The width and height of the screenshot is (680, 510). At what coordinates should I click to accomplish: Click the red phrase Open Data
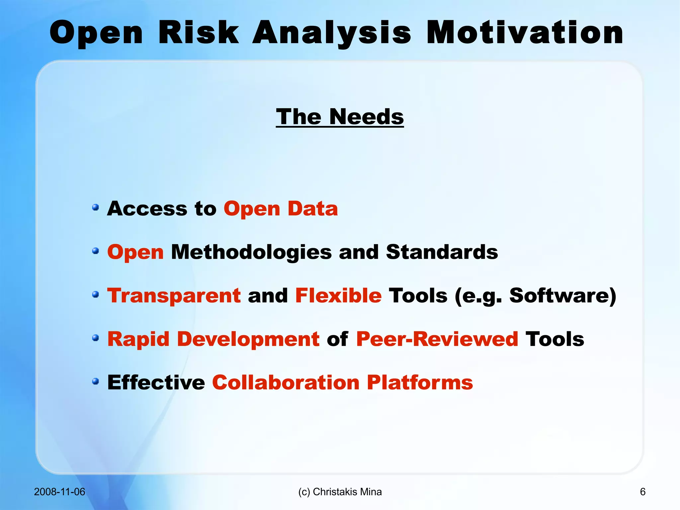[x=281, y=209]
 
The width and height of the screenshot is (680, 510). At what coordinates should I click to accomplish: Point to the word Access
[x=147, y=209]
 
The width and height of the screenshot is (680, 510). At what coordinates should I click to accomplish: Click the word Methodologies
[x=251, y=252]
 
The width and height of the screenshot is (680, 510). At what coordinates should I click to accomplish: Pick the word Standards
[x=442, y=252]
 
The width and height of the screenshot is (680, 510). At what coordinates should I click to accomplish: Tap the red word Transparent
[x=174, y=295]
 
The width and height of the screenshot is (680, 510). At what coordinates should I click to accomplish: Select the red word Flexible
[x=338, y=295]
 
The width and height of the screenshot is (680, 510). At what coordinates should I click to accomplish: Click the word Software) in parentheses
[x=562, y=295]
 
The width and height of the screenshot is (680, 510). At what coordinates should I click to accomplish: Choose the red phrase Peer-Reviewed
[x=437, y=339]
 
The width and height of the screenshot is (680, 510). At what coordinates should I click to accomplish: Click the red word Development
[x=248, y=339]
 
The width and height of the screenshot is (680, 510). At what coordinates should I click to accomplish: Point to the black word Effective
[x=156, y=382]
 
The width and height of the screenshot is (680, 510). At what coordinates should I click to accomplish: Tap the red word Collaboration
[x=286, y=382]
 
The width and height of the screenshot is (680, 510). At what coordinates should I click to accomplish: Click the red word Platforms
[x=420, y=382]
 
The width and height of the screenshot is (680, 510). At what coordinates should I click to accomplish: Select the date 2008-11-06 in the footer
[x=59, y=492]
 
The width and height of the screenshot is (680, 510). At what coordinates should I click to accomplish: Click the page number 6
[x=642, y=492]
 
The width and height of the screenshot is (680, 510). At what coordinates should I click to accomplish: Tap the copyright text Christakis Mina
[x=347, y=492]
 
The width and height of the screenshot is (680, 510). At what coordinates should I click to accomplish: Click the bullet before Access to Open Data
[x=96, y=208]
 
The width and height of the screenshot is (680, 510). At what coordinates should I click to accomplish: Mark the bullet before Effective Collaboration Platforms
[x=96, y=381]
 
